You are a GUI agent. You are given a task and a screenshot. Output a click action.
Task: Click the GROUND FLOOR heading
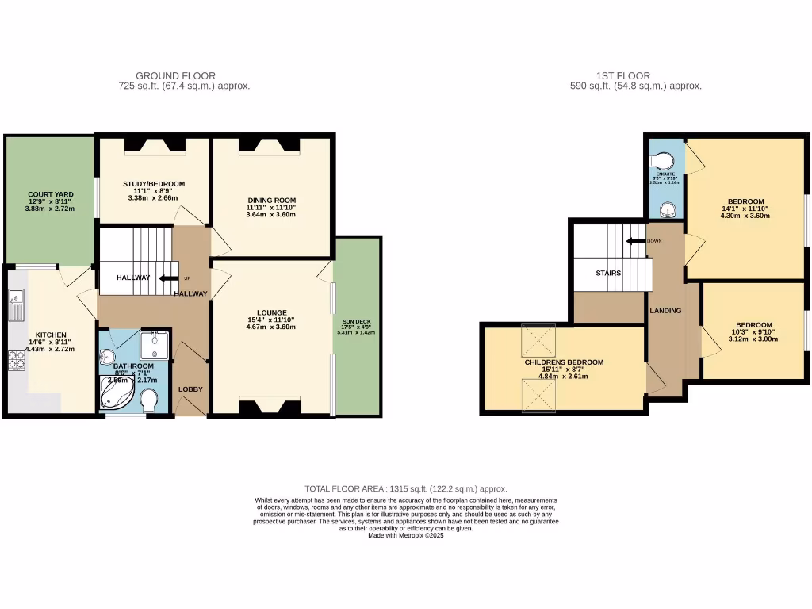click(175, 76)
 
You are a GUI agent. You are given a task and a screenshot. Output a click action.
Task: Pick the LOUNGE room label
click(270, 312)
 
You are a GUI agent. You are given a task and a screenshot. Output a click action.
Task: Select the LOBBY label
click(190, 389)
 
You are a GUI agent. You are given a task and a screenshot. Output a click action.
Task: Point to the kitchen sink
click(16, 304)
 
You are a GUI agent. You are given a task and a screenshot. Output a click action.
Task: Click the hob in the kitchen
click(15, 361)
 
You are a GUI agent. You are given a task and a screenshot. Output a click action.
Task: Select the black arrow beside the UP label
click(168, 278)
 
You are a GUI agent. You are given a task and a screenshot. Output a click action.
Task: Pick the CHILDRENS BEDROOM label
click(564, 362)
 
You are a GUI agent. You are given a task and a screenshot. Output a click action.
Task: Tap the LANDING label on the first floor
click(665, 310)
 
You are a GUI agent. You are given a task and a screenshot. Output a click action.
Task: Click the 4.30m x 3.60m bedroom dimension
click(745, 215)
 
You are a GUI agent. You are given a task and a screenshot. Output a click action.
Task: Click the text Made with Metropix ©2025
click(406, 534)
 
